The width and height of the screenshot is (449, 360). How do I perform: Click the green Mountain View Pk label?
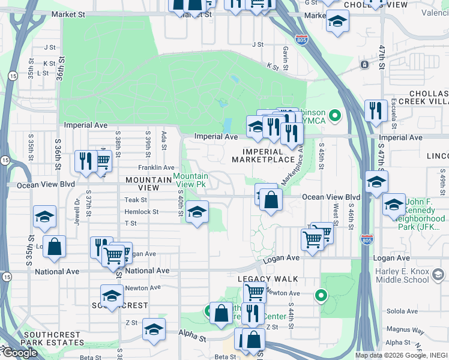pyautogui.click(x=190, y=180)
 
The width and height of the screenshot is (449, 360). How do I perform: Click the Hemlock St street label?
pyautogui.click(x=141, y=212)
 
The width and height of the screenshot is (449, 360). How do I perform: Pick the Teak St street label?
pyautogui.click(x=135, y=200)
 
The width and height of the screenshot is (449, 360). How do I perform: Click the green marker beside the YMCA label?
pyautogui.click(x=336, y=115)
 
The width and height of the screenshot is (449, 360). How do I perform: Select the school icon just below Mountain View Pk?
pyautogui.click(x=196, y=212)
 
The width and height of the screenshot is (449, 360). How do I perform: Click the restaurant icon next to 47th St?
pyautogui.click(x=376, y=111)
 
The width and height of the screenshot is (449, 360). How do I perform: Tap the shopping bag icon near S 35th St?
pyautogui.click(x=54, y=247)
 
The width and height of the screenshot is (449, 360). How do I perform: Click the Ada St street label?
pyautogui.click(x=163, y=139)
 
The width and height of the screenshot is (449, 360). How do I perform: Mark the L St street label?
pyautogui.click(x=43, y=73)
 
